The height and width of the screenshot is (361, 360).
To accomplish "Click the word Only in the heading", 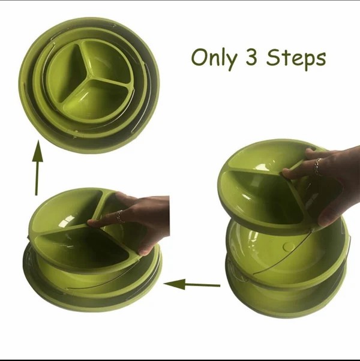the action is coord(214,58).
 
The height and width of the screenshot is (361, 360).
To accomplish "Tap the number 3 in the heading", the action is coord(251,57).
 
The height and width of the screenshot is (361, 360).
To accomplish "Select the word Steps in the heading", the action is coord(296,59).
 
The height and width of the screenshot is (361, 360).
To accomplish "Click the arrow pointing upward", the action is coord(38,168).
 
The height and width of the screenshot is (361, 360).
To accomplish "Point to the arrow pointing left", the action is coord(192,285).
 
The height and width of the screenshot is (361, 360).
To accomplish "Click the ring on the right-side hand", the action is coord(318,167).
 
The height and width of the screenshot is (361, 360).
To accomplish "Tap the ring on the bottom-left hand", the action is coord(119,216).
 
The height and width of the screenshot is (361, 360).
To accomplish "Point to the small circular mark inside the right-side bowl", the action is coord(289,246).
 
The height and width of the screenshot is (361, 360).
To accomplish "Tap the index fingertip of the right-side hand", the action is coord(286,173).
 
